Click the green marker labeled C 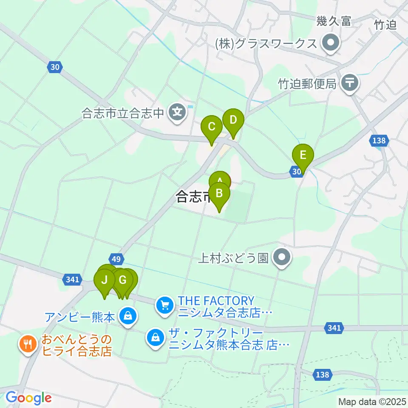click(212, 127)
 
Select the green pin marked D click(233, 120)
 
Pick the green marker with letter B click(219, 194)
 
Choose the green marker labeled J click(104, 280)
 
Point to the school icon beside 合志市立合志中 click(176, 113)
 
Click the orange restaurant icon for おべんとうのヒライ click(28, 343)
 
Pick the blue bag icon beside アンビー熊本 click(127, 317)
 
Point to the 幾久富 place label click(334, 22)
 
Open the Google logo click(28, 398)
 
